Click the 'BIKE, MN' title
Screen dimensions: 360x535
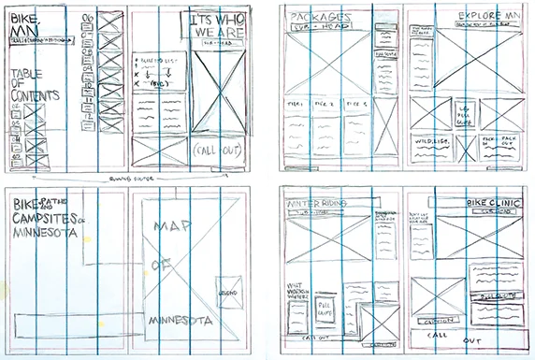tap(22, 25)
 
